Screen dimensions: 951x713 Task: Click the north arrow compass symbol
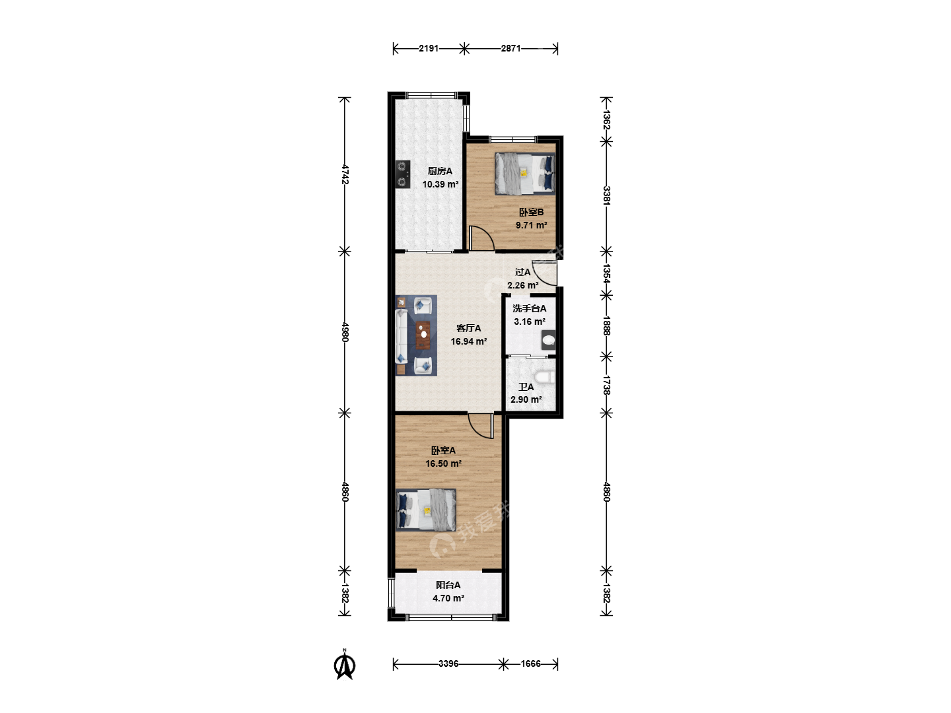[345, 665]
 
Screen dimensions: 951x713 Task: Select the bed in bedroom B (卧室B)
[525, 174]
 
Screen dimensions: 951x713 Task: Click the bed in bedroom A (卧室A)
[426, 510]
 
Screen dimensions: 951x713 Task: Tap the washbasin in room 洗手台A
[549, 340]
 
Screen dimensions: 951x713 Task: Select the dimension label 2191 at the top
[429, 48]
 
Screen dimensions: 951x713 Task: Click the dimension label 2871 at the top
[511, 48]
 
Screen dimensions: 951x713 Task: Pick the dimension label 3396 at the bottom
[448, 663]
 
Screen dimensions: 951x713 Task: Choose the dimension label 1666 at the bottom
[531, 663]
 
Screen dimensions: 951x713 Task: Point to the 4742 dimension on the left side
[345, 174]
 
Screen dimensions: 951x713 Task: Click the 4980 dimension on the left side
[345, 332]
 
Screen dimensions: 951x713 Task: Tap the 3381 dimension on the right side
[606, 195]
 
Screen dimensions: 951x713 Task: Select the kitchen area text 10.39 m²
[440, 184]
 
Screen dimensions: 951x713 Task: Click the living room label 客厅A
[468, 329]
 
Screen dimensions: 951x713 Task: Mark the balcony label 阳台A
[448, 586]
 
